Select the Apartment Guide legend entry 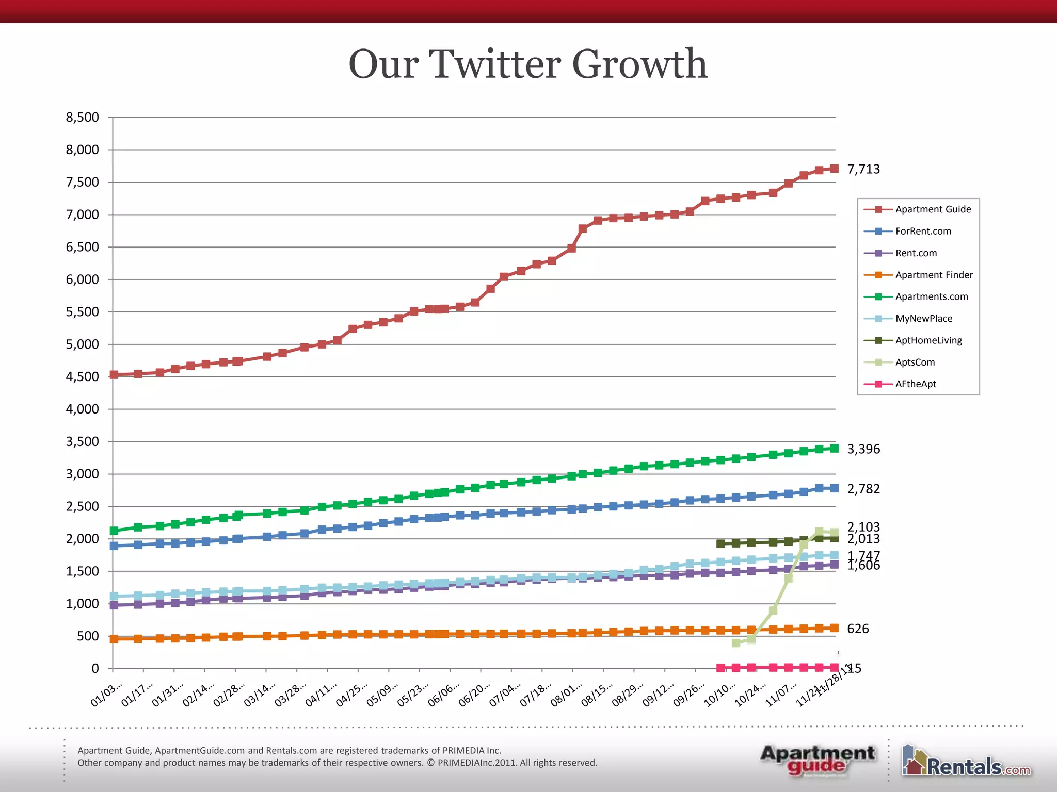coord(933,209)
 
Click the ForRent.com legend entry coord(923,232)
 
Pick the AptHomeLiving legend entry coord(928,340)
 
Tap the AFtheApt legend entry coord(916,384)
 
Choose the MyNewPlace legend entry coord(923,319)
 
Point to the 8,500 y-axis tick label coord(83,118)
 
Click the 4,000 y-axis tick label coord(83,409)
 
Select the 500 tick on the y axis coord(88,636)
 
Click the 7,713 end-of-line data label coord(863,169)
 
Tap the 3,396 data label coord(863,449)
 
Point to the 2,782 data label coord(863,489)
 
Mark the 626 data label coord(858,629)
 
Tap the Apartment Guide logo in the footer coord(818,760)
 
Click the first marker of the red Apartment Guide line coord(114,375)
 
